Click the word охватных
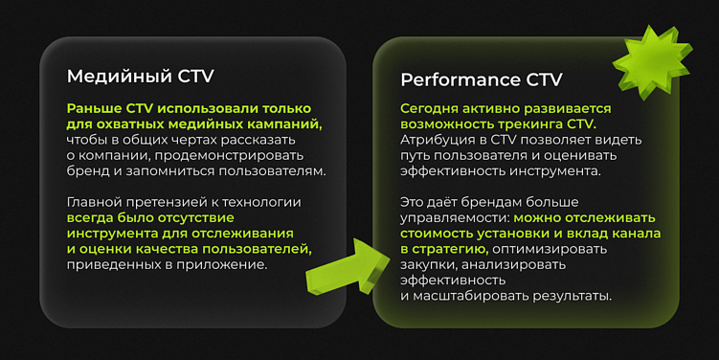click(x=126, y=124)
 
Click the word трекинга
click(x=526, y=124)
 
